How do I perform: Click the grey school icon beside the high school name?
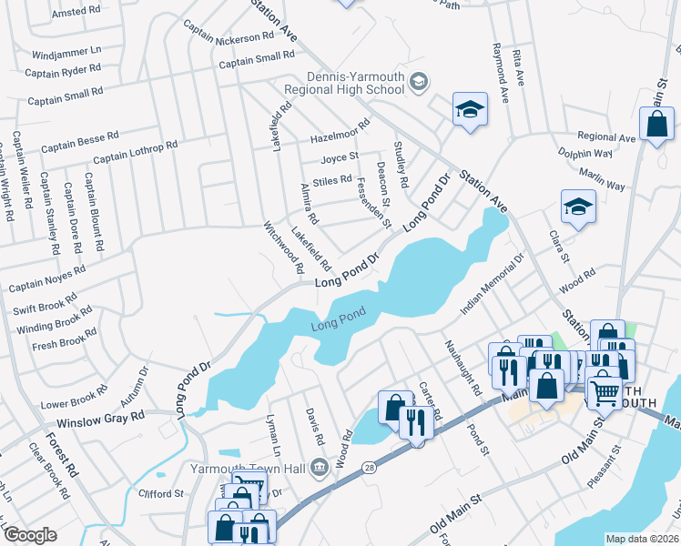point(418,83)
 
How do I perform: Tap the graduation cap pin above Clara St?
point(578,207)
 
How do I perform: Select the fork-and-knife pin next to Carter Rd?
point(417,423)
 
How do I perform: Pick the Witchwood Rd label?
point(283,247)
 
